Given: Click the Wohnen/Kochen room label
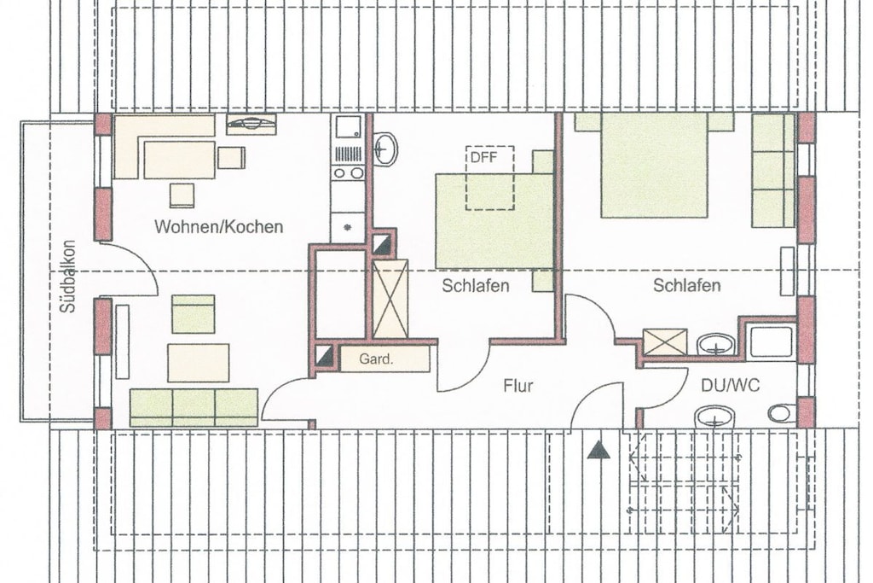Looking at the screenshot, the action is click(x=219, y=227).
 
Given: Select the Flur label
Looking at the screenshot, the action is click(x=518, y=386).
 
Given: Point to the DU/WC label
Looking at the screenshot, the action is click(x=731, y=385).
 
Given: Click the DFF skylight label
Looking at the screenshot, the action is click(x=483, y=157).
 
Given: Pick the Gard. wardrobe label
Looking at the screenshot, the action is click(x=376, y=359).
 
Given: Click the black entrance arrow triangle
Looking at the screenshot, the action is click(x=598, y=450).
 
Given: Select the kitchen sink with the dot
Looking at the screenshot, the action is click(x=348, y=227).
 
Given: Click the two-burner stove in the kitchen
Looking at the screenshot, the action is click(x=348, y=172).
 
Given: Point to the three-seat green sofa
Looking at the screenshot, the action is click(x=194, y=407).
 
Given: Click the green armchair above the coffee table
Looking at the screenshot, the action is click(x=194, y=314).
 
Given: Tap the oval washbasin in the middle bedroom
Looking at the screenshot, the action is click(x=385, y=149).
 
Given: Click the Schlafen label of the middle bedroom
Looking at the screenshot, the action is click(x=476, y=285).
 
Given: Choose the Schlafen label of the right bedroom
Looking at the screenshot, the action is click(x=687, y=285).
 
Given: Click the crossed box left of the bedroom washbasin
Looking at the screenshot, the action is click(x=665, y=341).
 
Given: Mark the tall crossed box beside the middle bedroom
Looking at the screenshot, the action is click(x=390, y=299).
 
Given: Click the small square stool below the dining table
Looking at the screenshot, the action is click(x=182, y=195).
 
